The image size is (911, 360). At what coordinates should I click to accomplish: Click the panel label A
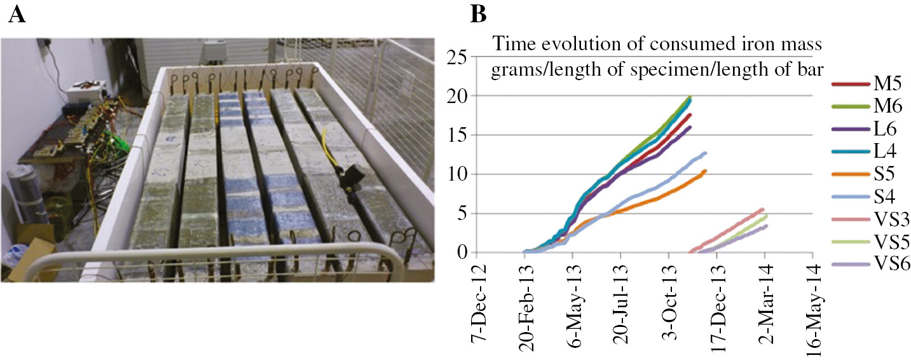[18, 15]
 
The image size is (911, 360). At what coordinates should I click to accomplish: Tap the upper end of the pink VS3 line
[762, 209]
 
